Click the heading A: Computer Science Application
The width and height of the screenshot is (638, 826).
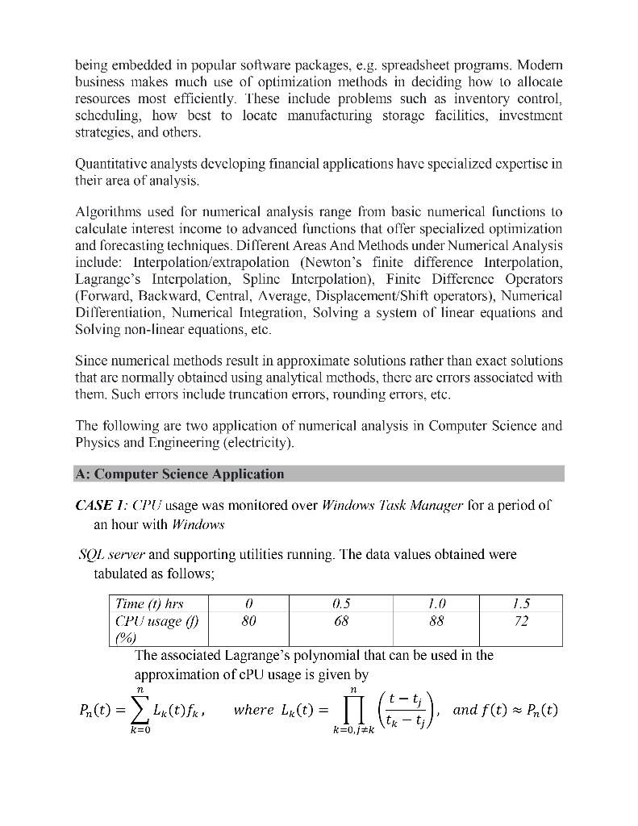[179, 474]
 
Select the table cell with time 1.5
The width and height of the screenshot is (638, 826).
[521, 603]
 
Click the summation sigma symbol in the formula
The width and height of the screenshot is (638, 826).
[140, 710]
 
